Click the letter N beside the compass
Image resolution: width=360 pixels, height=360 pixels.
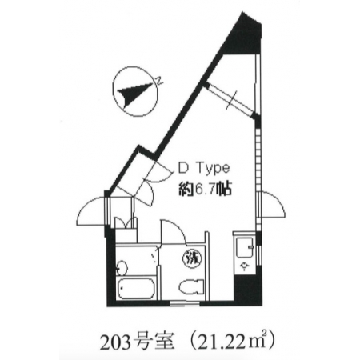pyautogui.click(x=159, y=81)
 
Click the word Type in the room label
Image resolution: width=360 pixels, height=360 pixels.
pyautogui.click(x=213, y=169)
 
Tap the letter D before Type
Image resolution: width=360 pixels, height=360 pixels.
pyautogui.click(x=183, y=168)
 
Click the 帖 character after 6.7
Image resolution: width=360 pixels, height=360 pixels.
pyautogui.click(x=223, y=190)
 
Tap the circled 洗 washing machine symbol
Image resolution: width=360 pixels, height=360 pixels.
pyautogui.click(x=192, y=258)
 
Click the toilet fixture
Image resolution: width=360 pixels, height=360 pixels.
pyautogui.click(x=191, y=289)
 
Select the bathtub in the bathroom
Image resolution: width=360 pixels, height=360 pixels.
pyautogui.click(x=135, y=290)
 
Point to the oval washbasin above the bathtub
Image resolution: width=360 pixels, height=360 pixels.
pyautogui.click(x=122, y=268)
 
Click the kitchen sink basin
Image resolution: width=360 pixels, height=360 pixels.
pyautogui.click(x=245, y=246)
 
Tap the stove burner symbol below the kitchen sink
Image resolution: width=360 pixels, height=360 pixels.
pyautogui.click(x=244, y=266)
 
